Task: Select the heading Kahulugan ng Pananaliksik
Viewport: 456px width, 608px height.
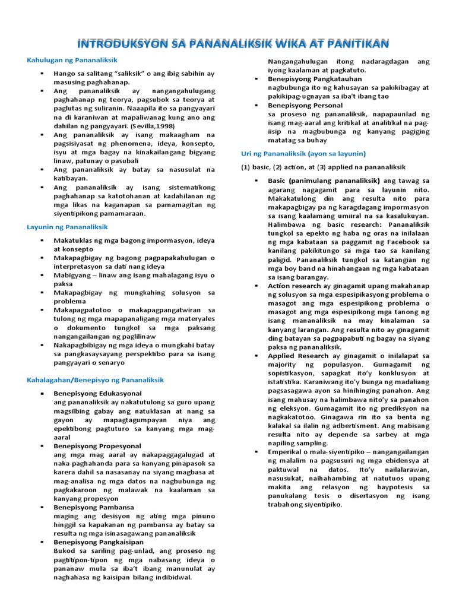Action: pyautogui.click(x=72, y=60)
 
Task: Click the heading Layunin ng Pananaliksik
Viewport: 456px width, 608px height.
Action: pyautogui.click(x=68, y=227)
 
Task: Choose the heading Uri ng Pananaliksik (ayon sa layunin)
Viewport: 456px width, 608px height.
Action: pyautogui.click(x=303, y=153)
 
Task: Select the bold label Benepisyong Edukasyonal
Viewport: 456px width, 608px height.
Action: pyautogui.click(x=97, y=393)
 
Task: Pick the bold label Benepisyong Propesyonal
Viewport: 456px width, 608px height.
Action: pyautogui.click(x=97, y=445)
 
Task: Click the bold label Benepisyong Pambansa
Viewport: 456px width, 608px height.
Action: pyautogui.click(x=94, y=507)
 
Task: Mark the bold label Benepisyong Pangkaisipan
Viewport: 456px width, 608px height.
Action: pyautogui.click(x=99, y=542)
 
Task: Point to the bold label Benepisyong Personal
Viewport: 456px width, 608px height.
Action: pyautogui.click(x=305, y=105)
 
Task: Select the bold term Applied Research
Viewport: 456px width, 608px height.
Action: pyautogui.click(x=298, y=356)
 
